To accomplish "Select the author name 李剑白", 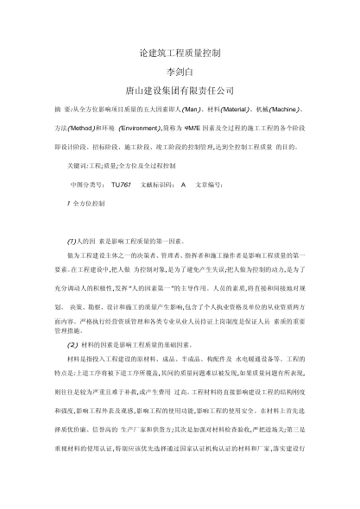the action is coord(180,71).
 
